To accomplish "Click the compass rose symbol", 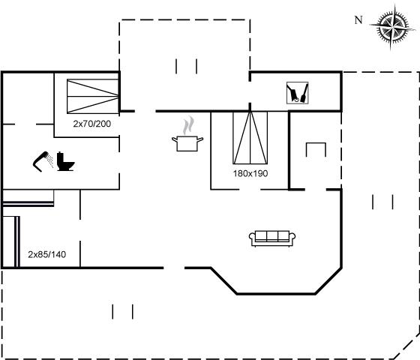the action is [x=393, y=26].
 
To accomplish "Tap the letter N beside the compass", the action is [x=358, y=20].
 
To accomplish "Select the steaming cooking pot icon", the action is [x=187, y=133].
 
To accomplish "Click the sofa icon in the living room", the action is [x=272, y=238].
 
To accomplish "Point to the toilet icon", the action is [x=65, y=161].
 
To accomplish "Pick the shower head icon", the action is [x=43, y=161].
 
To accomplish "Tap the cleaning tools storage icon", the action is [x=297, y=93].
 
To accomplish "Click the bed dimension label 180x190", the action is [x=250, y=173].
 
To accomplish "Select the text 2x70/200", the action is [x=91, y=124].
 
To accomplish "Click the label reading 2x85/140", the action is [x=46, y=254].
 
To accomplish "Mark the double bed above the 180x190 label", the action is [x=250, y=138].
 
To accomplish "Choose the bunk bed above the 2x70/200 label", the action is [x=93, y=96].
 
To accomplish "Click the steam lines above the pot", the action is [x=188, y=125].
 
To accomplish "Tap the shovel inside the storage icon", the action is [x=304, y=93].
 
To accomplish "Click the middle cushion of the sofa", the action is [x=272, y=236].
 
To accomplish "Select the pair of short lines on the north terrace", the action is [x=187, y=67].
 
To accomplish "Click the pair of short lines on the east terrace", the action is [x=382, y=202].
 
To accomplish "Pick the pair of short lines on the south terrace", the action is [x=123, y=312].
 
